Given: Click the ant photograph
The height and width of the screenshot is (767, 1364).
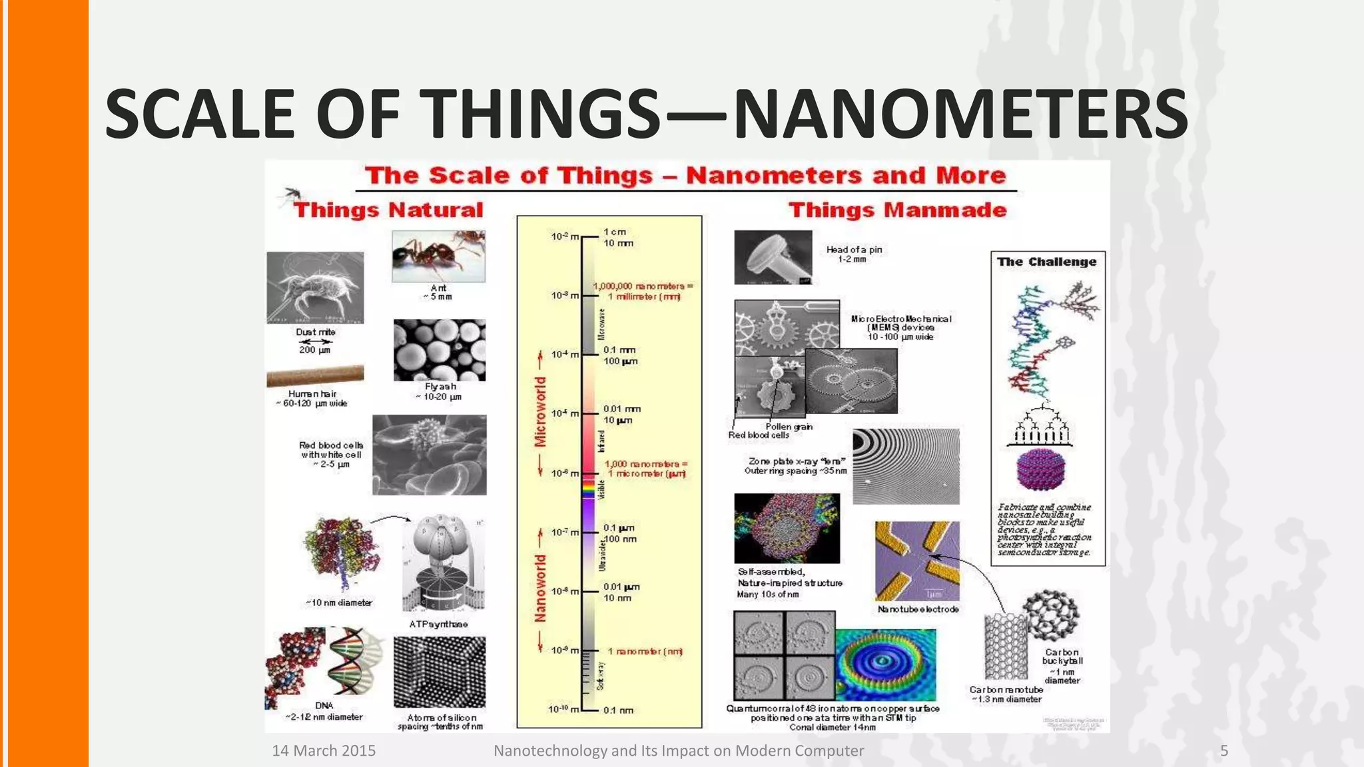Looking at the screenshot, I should (x=438, y=256).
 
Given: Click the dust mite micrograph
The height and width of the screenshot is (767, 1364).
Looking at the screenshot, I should (x=315, y=287).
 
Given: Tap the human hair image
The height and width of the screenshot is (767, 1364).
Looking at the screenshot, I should (x=315, y=376).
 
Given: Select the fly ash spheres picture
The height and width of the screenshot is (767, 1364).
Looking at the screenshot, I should (x=439, y=350).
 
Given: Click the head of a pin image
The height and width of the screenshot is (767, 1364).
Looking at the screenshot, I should (x=773, y=257).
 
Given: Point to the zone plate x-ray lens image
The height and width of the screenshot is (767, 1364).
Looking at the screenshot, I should (x=906, y=466).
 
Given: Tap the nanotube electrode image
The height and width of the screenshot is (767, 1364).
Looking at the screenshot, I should (x=917, y=561).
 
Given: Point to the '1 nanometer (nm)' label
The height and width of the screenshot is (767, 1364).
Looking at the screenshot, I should (x=645, y=651).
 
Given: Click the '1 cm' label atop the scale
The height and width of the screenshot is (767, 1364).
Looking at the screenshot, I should (x=615, y=232).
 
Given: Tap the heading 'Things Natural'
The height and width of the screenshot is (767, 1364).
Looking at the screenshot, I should (x=388, y=210).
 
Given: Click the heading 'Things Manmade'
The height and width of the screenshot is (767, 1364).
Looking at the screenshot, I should (x=897, y=210).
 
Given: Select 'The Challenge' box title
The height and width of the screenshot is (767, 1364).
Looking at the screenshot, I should (x=1046, y=262).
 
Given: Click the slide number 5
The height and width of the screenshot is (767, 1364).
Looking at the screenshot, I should (x=1223, y=751).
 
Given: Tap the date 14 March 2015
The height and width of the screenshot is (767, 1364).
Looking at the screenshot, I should (x=324, y=751).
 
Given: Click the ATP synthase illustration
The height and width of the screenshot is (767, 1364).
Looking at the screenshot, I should (x=442, y=563).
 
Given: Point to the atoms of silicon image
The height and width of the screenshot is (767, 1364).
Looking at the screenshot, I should (x=439, y=672).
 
